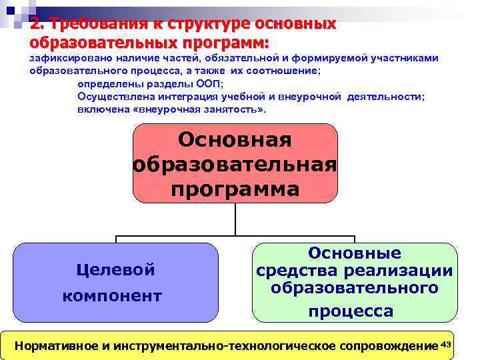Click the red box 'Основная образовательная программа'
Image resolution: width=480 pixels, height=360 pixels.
[x=235, y=163]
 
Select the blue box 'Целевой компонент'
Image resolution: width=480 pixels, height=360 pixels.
[x=115, y=283]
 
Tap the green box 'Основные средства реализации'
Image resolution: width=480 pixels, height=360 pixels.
[x=355, y=282]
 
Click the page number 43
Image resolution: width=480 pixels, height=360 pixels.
[x=447, y=343]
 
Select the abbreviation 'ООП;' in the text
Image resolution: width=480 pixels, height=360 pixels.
[x=208, y=84]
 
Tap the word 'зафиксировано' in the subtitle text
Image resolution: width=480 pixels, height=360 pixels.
[x=67, y=59]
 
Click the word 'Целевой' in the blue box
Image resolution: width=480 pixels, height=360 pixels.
[x=116, y=270]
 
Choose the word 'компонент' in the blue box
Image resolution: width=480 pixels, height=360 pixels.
[x=112, y=296]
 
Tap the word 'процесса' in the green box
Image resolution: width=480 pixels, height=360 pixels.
[x=351, y=311]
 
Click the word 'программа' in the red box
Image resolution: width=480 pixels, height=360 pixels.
[x=235, y=189]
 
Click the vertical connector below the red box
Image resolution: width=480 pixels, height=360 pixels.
[x=235, y=219]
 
